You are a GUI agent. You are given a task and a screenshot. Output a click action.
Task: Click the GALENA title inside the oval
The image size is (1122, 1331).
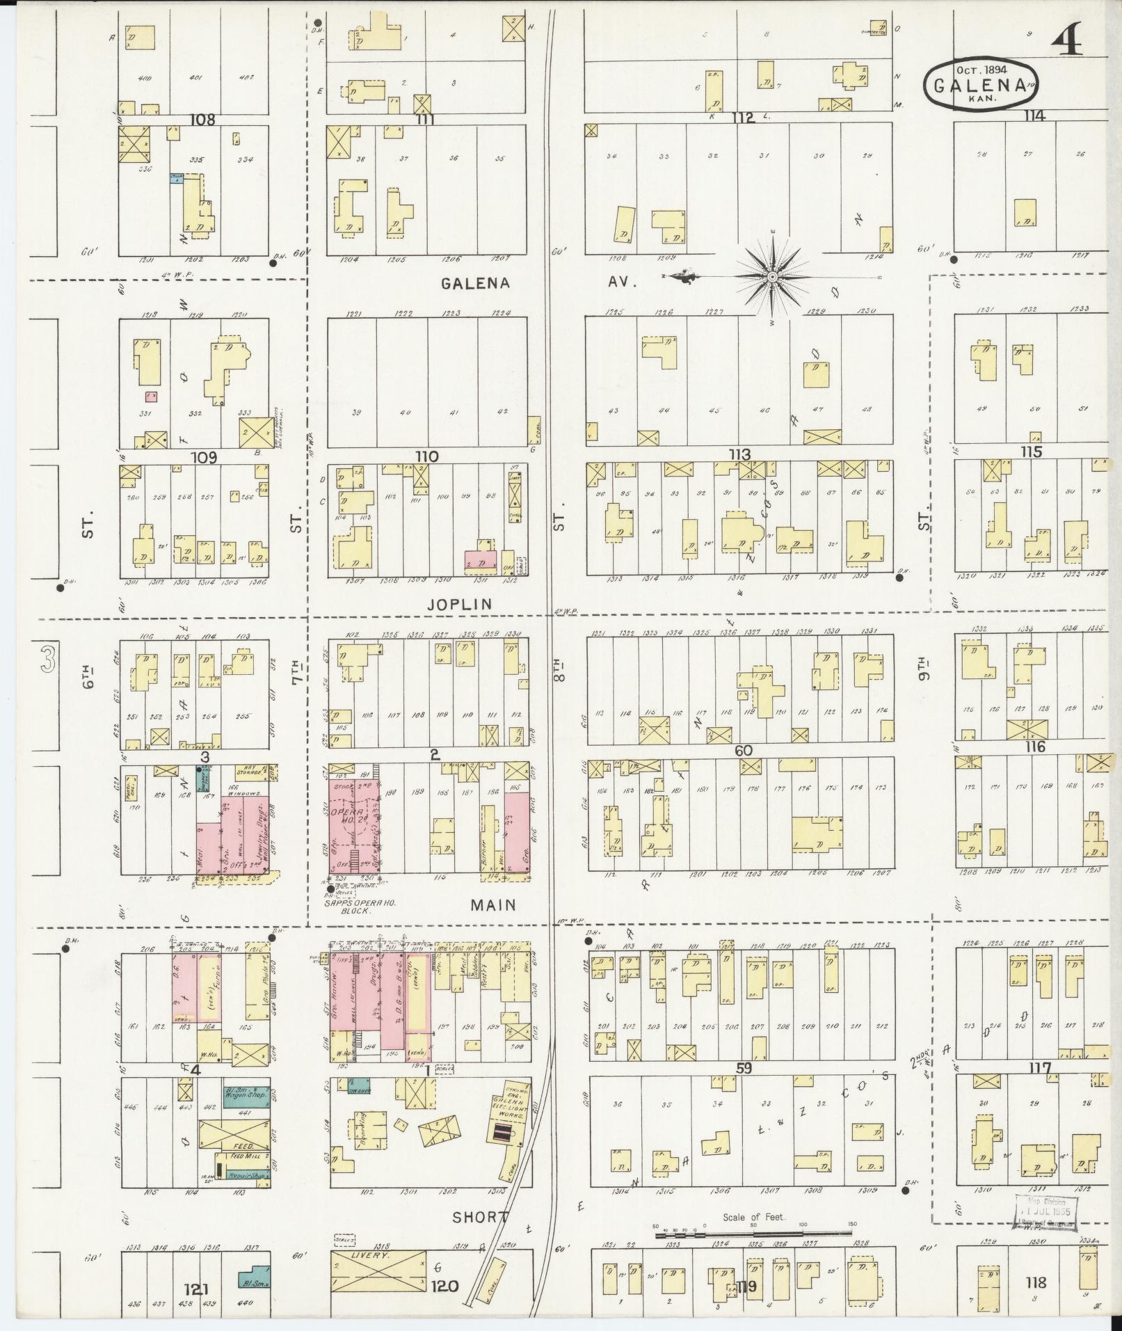(x=980, y=86)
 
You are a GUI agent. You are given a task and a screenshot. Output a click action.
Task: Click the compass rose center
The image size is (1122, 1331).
(x=772, y=277)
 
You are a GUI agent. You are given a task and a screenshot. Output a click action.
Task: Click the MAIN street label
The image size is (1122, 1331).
(x=492, y=905)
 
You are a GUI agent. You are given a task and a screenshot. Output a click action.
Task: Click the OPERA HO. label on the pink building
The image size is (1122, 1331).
(x=352, y=814)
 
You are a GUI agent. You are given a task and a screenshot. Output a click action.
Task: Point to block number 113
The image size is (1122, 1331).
(x=739, y=454)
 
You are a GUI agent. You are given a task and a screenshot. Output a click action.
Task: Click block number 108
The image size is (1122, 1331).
(x=202, y=119)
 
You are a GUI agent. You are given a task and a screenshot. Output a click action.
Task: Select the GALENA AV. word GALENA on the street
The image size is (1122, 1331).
(x=476, y=283)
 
